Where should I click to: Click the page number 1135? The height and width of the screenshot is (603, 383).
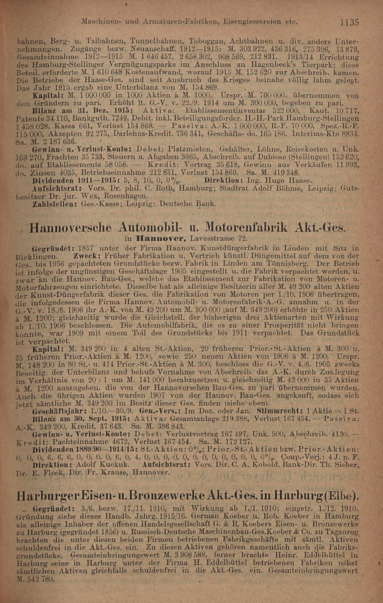point(350,23)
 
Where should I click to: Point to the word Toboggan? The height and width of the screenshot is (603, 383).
point(206,40)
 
